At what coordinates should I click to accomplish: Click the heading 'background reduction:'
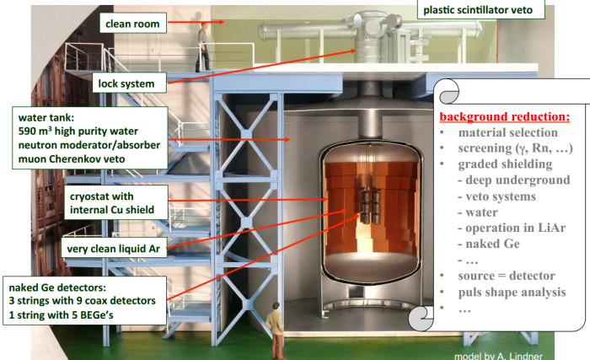[505, 115]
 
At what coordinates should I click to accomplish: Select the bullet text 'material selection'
[507, 132]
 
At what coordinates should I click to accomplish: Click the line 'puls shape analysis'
[512, 293]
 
